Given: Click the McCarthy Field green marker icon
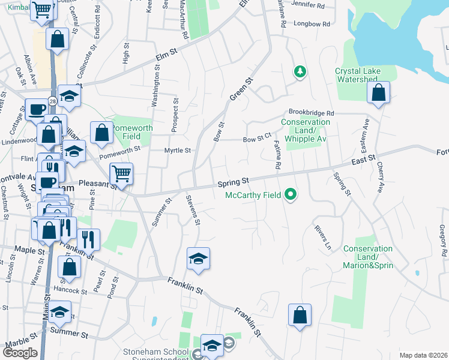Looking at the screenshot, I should click(291, 194).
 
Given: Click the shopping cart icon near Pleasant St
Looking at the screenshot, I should click(121, 174).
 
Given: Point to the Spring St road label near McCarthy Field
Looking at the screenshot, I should click(233, 181).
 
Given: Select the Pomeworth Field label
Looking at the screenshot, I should click(133, 132).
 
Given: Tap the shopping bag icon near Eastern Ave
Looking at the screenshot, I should click(378, 93).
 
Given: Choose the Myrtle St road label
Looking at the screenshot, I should click(178, 151).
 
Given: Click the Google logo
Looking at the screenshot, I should click(20, 353).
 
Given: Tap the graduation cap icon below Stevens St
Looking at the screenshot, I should click(198, 259).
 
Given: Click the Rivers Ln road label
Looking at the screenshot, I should click(323, 238).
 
